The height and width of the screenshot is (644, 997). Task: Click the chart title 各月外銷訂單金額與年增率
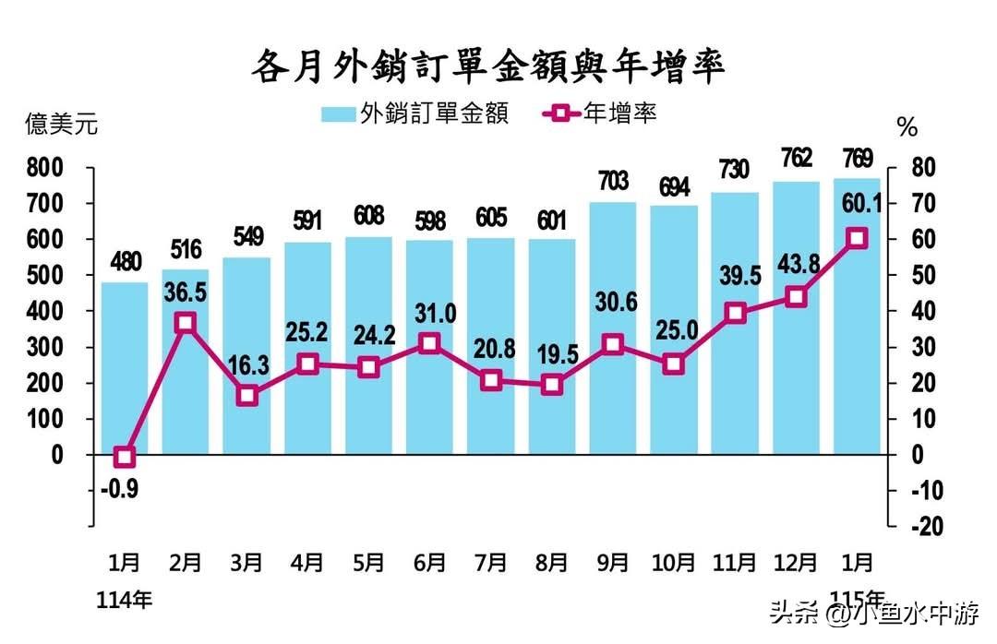point(488,66)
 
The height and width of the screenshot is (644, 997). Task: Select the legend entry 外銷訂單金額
point(414,113)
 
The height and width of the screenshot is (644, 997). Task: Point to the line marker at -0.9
point(125,458)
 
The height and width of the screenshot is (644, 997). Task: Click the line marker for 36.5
point(186,323)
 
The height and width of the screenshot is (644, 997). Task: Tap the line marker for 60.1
point(857,238)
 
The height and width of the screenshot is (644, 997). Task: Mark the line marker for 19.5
point(552,385)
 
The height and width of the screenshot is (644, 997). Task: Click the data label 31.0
point(430,315)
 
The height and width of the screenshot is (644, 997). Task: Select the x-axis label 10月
point(674,562)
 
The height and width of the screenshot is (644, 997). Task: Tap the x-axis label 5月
point(368,562)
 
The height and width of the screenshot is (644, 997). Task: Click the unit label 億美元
point(61,125)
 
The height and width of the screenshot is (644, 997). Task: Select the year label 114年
point(125,601)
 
